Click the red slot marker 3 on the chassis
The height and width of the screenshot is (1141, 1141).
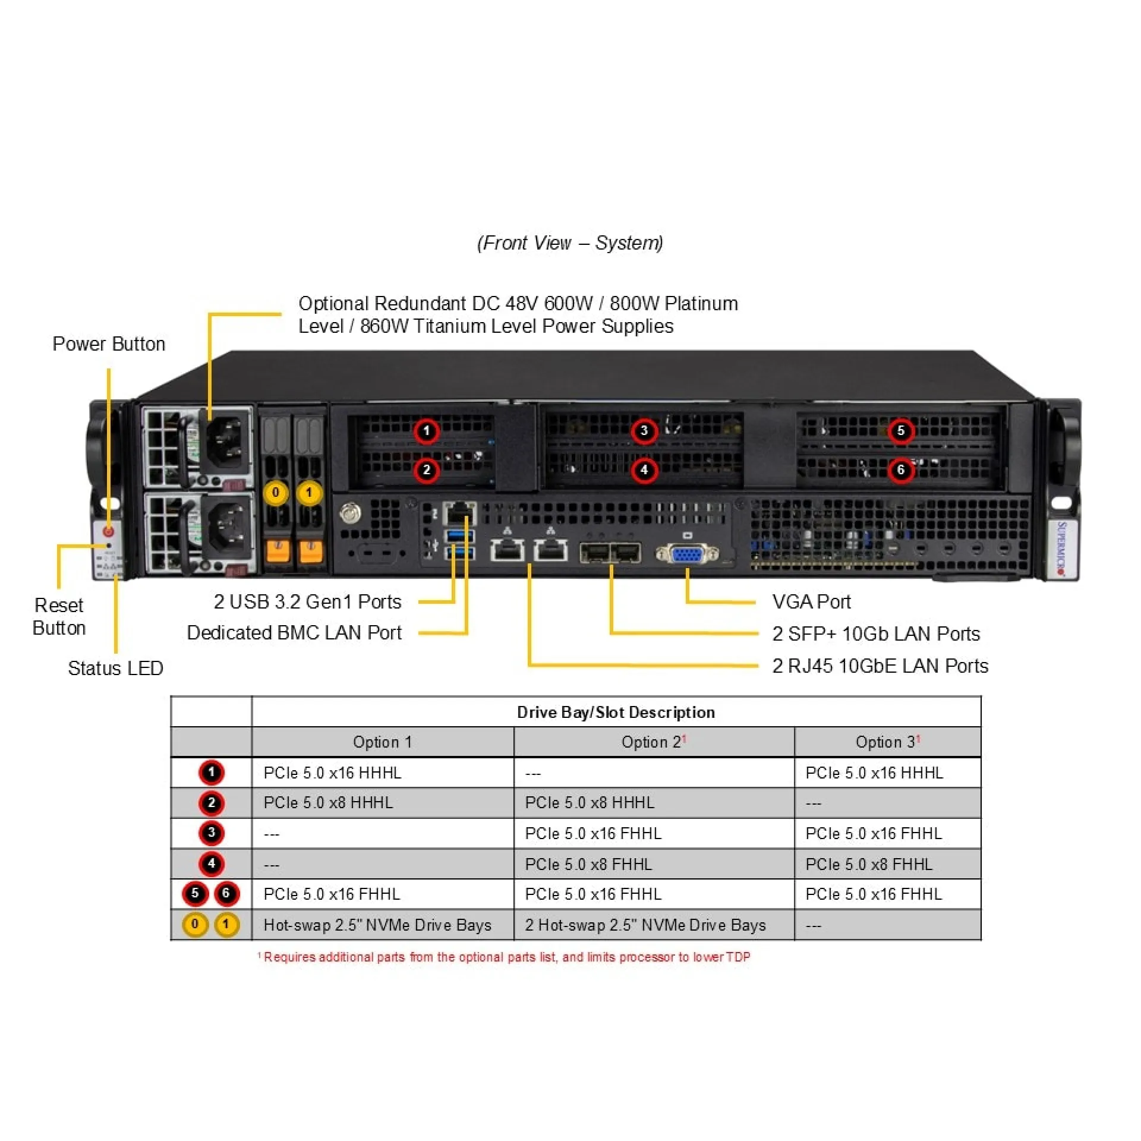point(644,431)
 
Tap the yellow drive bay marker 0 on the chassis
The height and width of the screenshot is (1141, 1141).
point(275,493)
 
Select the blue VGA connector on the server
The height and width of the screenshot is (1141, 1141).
point(687,554)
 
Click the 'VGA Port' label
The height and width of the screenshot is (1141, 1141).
point(811,602)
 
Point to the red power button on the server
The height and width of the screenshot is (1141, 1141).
point(108,531)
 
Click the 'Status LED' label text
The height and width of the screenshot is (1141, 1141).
point(115,669)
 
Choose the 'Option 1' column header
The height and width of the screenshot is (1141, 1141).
point(382,742)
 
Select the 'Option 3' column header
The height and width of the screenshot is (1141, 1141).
point(887,742)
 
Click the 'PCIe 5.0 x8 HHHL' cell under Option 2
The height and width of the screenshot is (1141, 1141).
point(590,803)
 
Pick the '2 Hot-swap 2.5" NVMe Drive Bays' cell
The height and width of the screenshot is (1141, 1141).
point(645,925)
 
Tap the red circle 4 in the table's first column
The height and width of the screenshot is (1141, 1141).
point(212,863)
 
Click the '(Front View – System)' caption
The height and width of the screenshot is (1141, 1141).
point(570,243)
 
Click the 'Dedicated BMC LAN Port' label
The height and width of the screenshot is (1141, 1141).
point(294,633)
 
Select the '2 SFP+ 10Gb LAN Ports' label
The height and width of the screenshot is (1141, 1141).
point(876,634)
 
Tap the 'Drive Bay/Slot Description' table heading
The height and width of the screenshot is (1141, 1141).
point(616,713)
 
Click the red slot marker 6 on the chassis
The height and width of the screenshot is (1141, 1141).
point(900,470)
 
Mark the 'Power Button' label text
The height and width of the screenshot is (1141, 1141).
point(109,344)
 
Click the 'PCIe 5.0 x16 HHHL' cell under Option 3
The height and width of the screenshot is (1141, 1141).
point(874,773)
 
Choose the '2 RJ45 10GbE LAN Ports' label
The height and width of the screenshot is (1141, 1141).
point(880,666)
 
